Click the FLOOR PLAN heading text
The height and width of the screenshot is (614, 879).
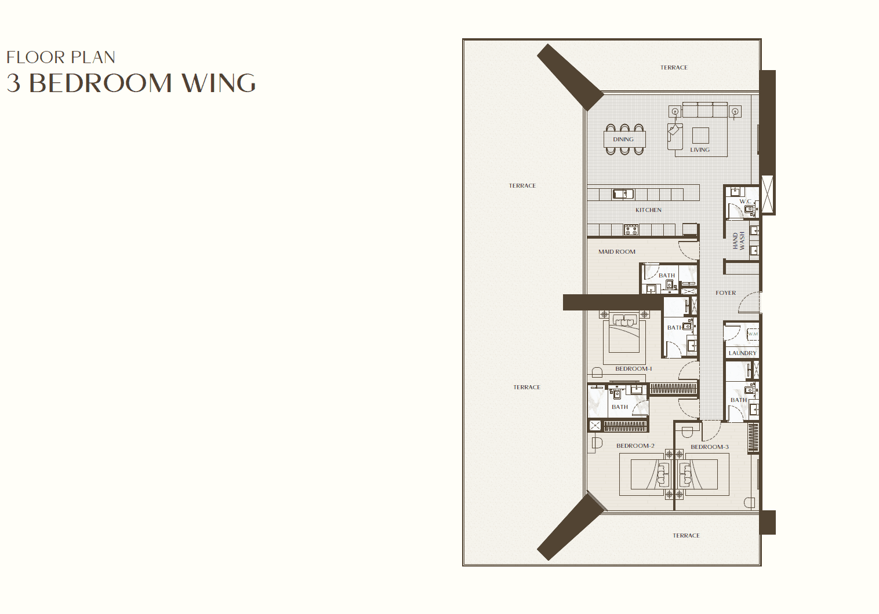(x=61, y=57)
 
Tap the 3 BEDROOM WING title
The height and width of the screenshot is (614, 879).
(x=131, y=83)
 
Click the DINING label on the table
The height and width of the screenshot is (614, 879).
(x=623, y=139)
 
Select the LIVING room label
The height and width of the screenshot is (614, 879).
(x=700, y=150)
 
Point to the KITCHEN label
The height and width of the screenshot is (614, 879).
(x=648, y=210)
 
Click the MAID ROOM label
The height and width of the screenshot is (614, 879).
(x=617, y=252)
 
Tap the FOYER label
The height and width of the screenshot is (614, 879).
(x=725, y=293)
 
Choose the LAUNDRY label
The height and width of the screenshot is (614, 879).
(x=742, y=353)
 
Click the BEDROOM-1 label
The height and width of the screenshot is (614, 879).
(x=633, y=368)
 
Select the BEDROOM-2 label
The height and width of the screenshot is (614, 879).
(x=635, y=446)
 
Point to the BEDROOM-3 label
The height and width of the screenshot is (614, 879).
(x=710, y=447)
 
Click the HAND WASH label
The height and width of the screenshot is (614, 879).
(x=739, y=241)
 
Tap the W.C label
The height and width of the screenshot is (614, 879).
(x=745, y=202)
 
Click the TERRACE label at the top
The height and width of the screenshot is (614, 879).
(x=674, y=67)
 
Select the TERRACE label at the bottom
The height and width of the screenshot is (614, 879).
(x=686, y=536)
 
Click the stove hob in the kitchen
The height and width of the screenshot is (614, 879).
(x=631, y=230)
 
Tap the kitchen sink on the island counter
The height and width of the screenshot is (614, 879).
(x=623, y=193)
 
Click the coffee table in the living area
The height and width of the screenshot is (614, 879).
(x=700, y=136)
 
